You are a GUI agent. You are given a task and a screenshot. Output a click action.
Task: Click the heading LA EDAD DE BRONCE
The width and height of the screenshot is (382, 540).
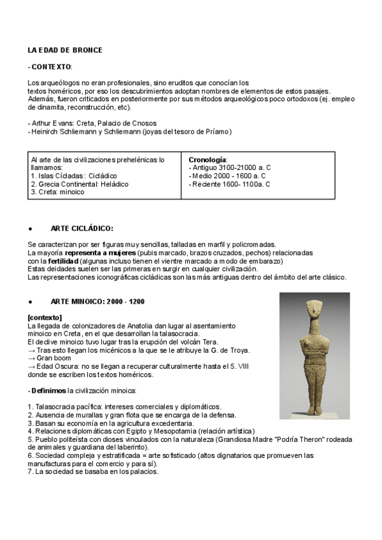coord(64,50)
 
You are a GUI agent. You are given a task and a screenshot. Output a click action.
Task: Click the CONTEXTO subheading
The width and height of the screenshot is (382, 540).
coord(51,66)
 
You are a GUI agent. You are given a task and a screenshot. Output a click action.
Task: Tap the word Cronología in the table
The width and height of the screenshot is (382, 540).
coord(208,159)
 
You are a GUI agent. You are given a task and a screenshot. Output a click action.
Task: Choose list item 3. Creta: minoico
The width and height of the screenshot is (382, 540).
coord(57,192)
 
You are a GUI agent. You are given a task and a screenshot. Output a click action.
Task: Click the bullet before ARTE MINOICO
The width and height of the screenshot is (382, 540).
coord(30,301)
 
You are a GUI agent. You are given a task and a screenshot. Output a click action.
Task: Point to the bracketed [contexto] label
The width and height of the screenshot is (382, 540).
coord(45,317)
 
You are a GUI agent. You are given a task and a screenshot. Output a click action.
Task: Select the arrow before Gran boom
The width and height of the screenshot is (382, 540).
coord(31,359)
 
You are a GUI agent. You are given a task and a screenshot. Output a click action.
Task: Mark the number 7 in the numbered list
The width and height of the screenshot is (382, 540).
coord(30,472)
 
